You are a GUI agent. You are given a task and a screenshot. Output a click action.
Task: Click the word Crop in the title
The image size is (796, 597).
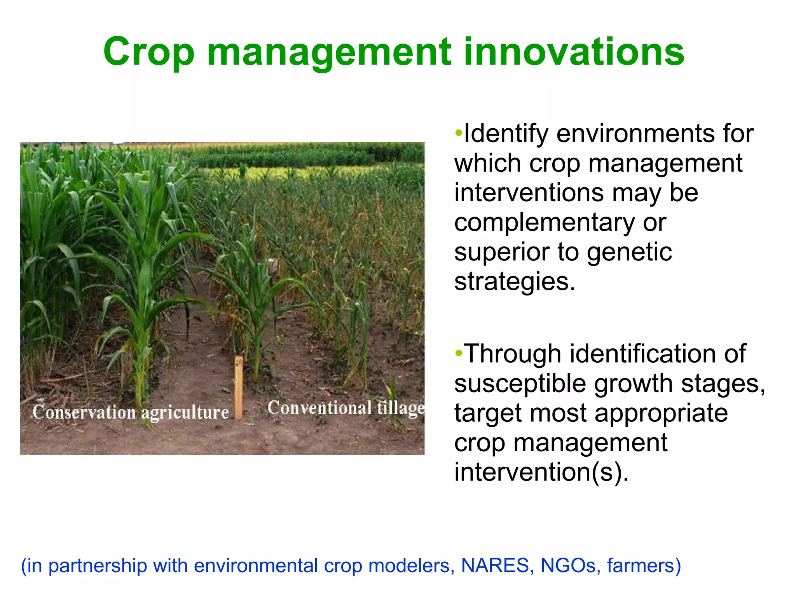(x=149, y=52)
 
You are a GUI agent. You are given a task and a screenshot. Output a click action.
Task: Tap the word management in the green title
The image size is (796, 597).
(x=329, y=52)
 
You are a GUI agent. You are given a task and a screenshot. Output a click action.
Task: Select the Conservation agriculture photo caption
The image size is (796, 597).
(x=131, y=412)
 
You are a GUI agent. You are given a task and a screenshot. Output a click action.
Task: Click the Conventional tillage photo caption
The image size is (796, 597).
(x=346, y=408)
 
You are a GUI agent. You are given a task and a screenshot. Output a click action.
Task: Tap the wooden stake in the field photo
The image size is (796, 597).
(x=239, y=387)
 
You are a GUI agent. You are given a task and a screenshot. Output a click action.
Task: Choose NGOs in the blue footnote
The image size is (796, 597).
(x=568, y=566)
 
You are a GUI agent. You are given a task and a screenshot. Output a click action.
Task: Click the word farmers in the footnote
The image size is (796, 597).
(x=644, y=566)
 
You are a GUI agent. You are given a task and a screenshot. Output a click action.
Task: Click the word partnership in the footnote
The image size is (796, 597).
(x=98, y=566)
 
